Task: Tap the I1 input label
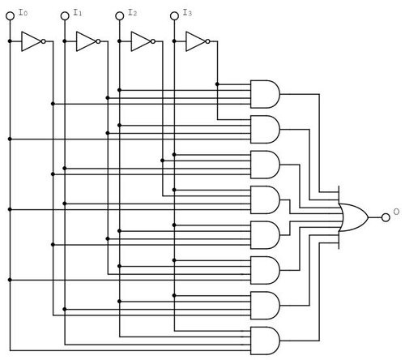tap(77, 13)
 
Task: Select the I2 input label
tap(132, 13)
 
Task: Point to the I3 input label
tap(187, 13)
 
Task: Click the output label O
tap(395, 212)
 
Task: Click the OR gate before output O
tap(353, 216)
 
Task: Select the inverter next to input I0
tap(31, 41)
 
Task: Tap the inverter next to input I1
tap(87, 41)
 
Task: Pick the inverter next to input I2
tap(141, 41)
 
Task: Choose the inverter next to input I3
tap(196, 41)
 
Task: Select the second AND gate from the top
tap(266, 127)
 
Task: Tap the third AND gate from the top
tap(266, 162)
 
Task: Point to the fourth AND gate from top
tap(266, 198)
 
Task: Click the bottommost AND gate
tap(266, 339)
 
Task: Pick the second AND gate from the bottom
tap(266, 303)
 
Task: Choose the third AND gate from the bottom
tap(266, 268)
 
